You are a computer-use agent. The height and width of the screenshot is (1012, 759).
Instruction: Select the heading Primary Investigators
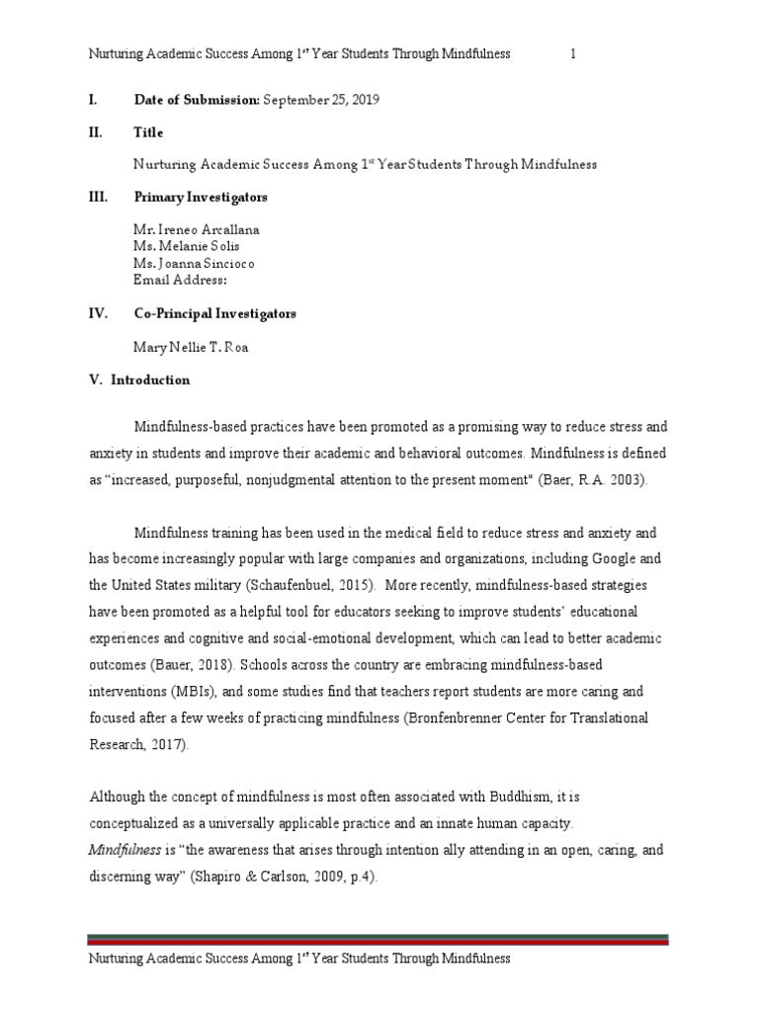[x=201, y=198]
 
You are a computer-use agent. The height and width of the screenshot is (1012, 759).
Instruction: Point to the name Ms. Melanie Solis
[x=186, y=246]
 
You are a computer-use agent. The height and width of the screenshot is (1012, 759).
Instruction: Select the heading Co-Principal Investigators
[x=215, y=314]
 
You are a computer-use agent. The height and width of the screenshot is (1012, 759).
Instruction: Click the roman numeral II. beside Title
[x=97, y=132]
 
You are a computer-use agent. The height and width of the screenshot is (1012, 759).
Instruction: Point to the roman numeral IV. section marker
[x=98, y=314]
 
